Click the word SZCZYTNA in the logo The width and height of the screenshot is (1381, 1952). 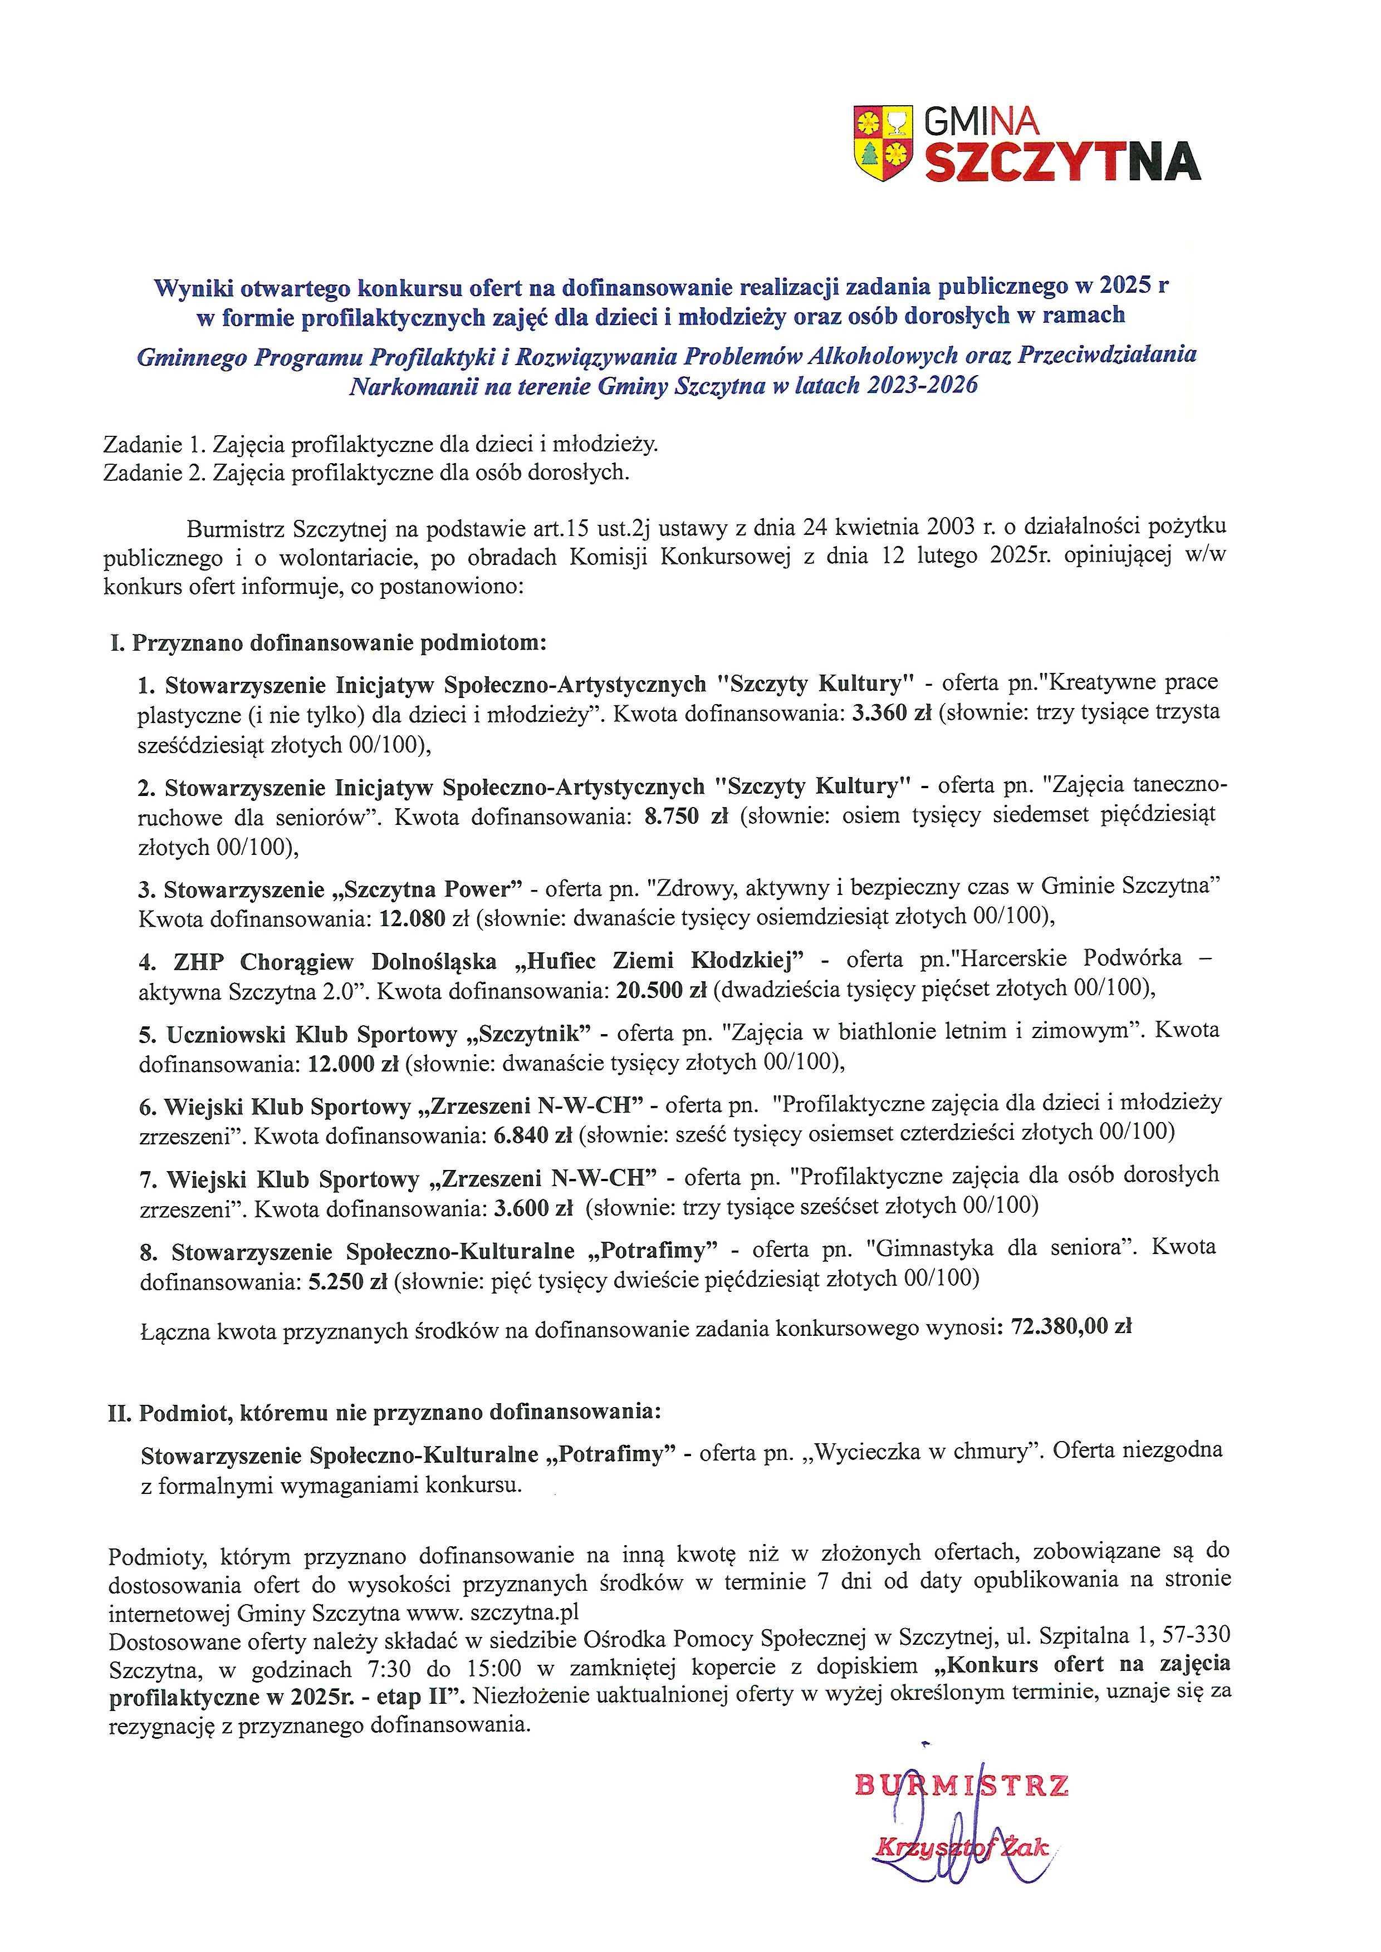pyautogui.click(x=1062, y=163)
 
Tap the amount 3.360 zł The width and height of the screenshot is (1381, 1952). pyautogui.click(x=891, y=714)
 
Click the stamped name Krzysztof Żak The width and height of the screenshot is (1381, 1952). pyautogui.click(x=962, y=1847)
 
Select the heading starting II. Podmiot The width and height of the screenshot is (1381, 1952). pyautogui.click(x=384, y=1412)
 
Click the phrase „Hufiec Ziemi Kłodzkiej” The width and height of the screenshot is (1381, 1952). pyautogui.click(x=659, y=961)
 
